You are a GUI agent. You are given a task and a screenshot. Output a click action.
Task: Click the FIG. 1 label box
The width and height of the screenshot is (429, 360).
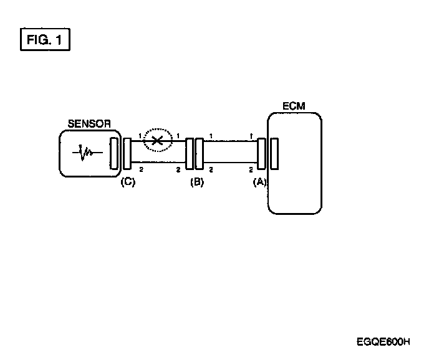44,40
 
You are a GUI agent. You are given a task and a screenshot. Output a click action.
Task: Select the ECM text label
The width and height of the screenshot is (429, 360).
294,107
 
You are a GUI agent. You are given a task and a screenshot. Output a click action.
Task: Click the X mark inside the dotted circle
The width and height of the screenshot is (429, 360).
158,141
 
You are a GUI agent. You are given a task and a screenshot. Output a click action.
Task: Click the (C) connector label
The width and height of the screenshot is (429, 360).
128,182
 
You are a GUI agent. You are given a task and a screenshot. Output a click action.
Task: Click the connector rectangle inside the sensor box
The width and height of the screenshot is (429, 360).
113,153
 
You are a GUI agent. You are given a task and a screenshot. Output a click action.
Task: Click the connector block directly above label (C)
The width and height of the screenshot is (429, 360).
127,153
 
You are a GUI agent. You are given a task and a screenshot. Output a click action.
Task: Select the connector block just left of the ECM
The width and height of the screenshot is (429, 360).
261,153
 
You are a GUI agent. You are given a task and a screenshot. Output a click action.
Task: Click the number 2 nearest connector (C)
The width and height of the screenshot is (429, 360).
141,169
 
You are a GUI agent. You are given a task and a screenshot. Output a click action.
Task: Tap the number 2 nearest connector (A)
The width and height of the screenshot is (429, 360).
251,169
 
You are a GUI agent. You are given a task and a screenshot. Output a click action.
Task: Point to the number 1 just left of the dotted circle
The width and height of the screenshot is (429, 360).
140,136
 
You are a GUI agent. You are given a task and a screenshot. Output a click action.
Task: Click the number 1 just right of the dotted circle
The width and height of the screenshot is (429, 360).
178,135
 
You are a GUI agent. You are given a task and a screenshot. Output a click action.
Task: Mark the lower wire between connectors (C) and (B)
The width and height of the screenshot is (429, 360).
159,166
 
